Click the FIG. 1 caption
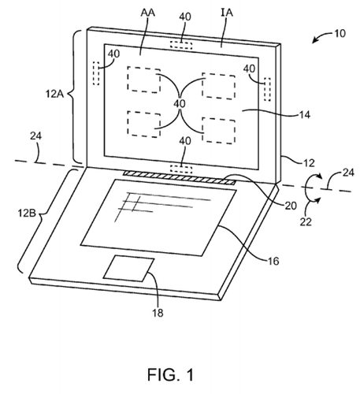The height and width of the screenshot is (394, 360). (180, 371)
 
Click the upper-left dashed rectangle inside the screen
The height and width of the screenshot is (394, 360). (143, 79)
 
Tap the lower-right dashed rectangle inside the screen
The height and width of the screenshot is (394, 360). (217, 128)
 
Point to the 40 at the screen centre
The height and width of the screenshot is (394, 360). (180, 103)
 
